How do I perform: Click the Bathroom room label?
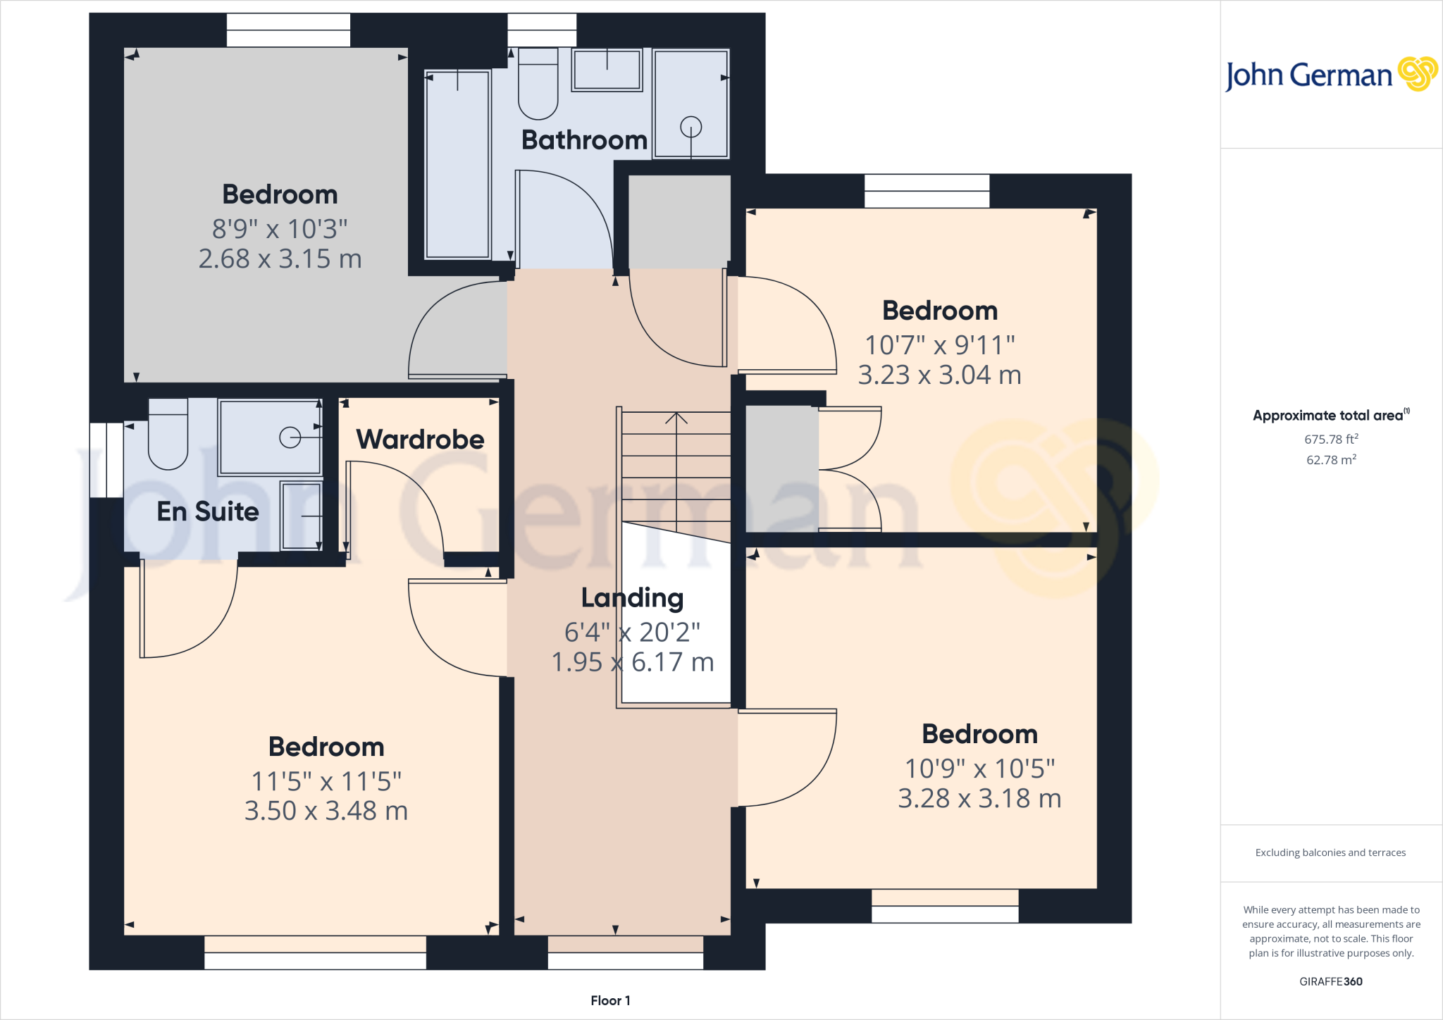pyautogui.click(x=584, y=140)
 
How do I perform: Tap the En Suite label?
pyautogui.click(x=208, y=511)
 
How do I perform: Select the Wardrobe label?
pyautogui.click(x=420, y=440)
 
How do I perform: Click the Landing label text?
pyautogui.click(x=632, y=598)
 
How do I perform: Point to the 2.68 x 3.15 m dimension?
pyautogui.click(x=280, y=259)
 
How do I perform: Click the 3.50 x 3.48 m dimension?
pyautogui.click(x=326, y=811)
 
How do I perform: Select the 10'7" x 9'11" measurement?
pyautogui.click(x=939, y=345)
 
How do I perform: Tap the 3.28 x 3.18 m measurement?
pyautogui.click(x=979, y=799)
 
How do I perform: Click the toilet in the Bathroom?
pyautogui.click(x=538, y=85)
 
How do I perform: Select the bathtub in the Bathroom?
pyautogui.click(x=457, y=164)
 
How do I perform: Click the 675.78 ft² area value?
pyautogui.click(x=1331, y=439)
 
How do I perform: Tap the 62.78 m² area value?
pyautogui.click(x=1331, y=460)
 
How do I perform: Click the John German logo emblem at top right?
pyautogui.click(x=1418, y=73)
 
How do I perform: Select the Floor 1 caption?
pyautogui.click(x=610, y=1000)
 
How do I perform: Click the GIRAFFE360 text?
pyautogui.click(x=1330, y=981)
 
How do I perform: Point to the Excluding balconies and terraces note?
pyautogui.click(x=1330, y=852)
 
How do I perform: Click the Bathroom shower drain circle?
pyautogui.click(x=690, y=127)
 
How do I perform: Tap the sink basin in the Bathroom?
pyautogui.click(x=607, y=70)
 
